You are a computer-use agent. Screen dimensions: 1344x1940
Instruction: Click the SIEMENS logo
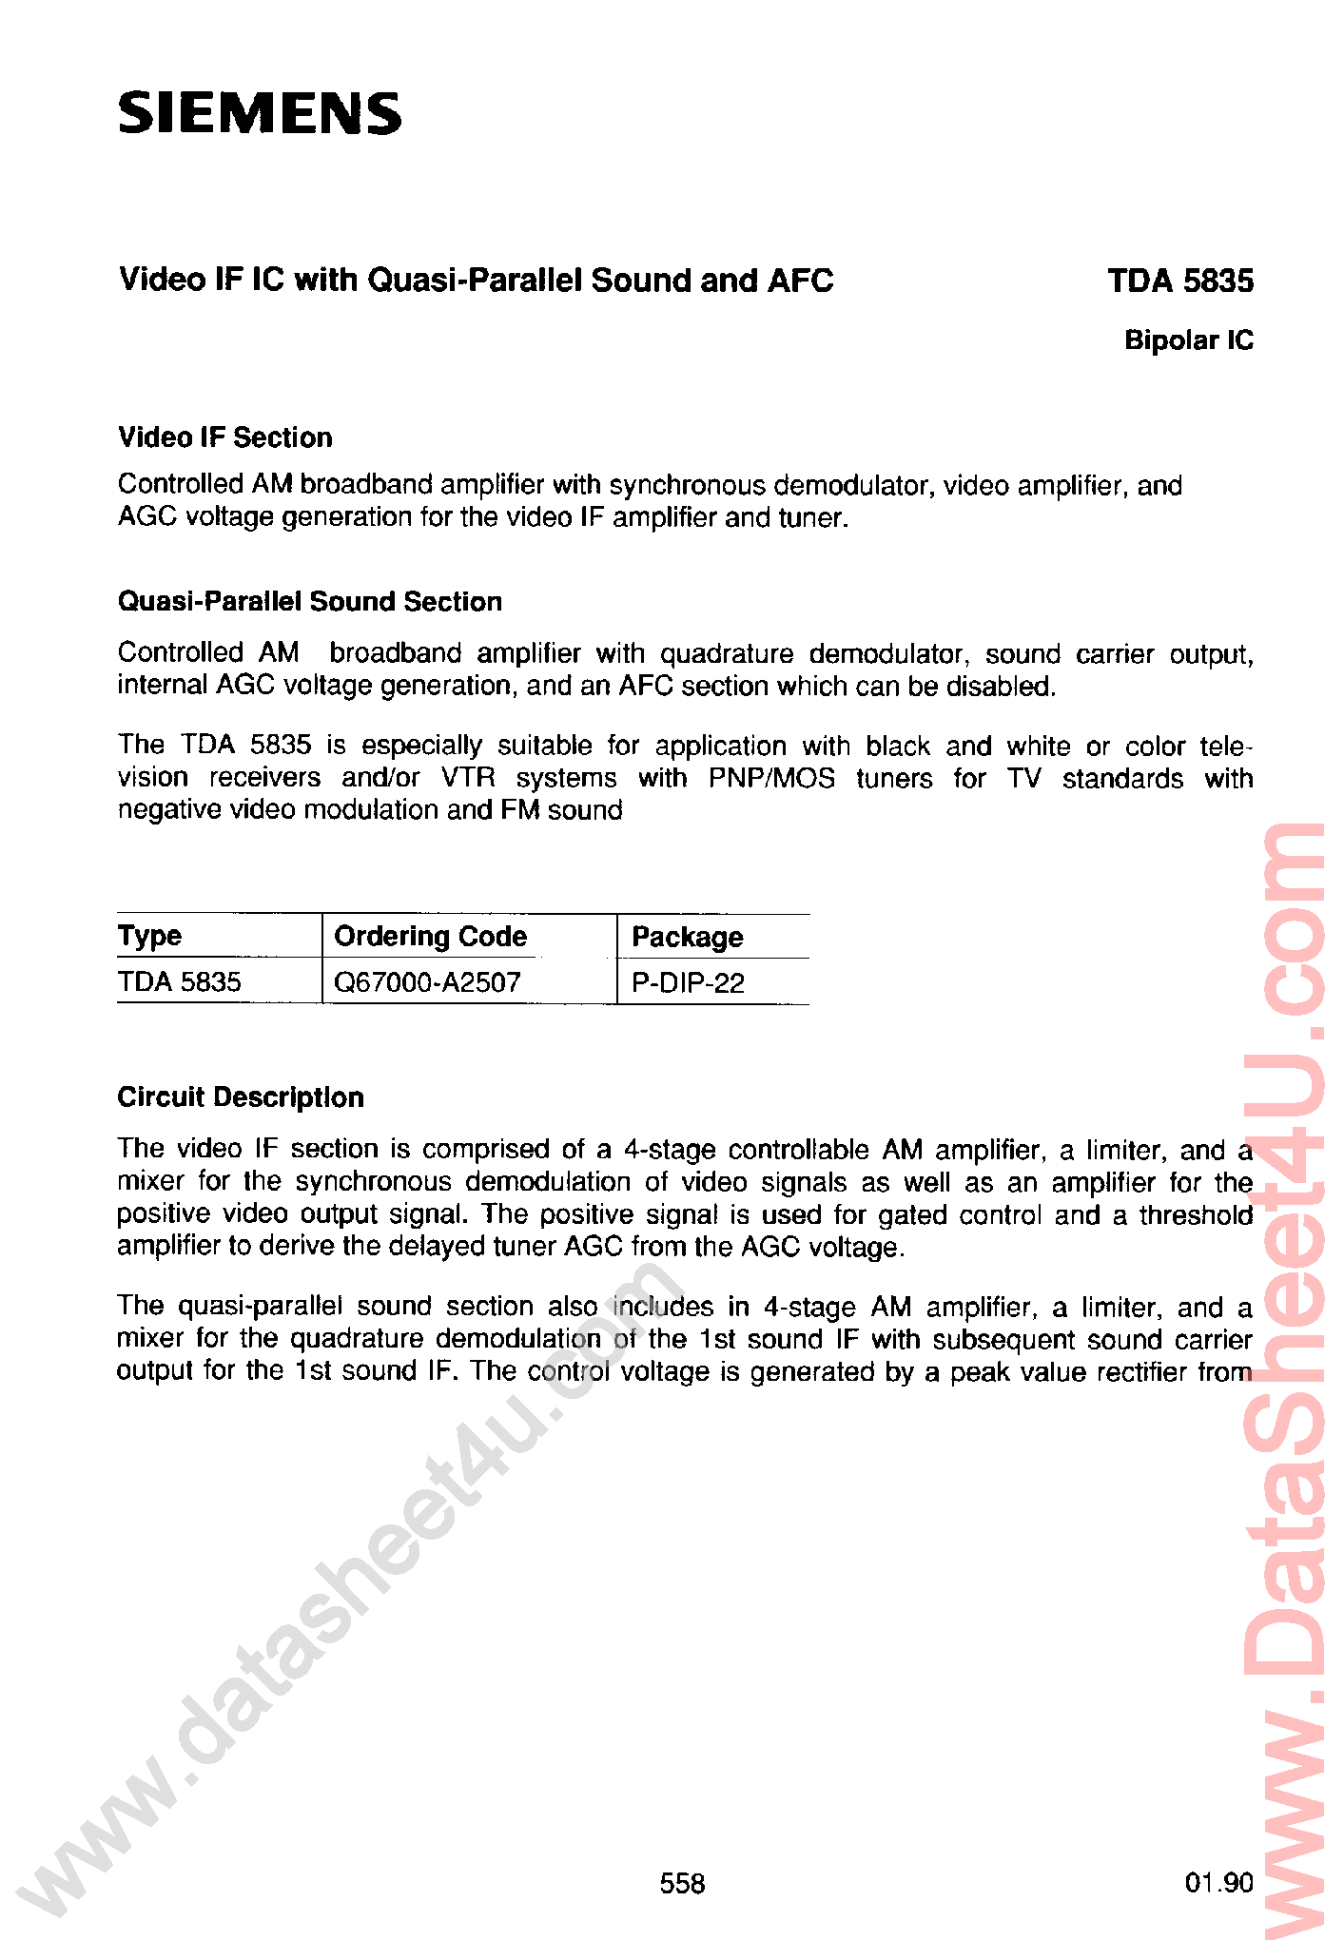click(259, 113)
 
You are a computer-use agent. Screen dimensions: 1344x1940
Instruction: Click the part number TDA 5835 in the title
click(1179, 281)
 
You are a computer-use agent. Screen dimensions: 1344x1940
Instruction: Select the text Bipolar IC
click(1188, 340)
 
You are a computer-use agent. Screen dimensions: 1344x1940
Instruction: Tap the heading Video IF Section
click(225, 437)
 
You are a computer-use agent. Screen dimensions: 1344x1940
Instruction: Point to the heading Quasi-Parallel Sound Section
click(310, 601)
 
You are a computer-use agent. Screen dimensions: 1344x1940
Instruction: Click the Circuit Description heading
click(241, 1097)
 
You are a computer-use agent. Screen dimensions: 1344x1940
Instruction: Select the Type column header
click(149, 936)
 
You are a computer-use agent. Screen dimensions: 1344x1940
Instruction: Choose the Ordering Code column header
click(430, 937)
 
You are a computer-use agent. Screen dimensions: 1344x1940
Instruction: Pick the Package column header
click(687, 938)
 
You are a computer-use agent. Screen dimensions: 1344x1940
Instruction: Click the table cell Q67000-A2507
click(427, 982)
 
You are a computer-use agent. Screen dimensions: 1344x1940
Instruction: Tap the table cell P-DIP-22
click(688, 983)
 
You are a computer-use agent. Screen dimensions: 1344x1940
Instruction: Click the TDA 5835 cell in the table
click(180, 981)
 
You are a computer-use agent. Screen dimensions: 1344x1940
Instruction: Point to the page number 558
click(682, 1883)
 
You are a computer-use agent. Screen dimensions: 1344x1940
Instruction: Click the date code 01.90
click(1218, 1883)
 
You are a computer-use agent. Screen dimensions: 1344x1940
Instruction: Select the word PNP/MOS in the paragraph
click(771, 778)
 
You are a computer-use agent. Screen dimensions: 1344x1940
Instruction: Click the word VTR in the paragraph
click(468, 778)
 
